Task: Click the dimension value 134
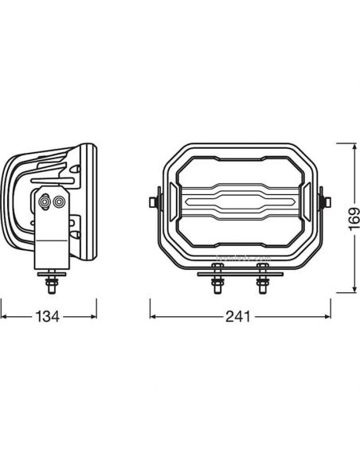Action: (x=48, y=316)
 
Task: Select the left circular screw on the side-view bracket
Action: (x=49, y=203)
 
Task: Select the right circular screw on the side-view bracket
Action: (x=59, y=203)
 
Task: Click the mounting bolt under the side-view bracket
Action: (x=53, y=280)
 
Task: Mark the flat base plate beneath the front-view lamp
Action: (x=238, y=272)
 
